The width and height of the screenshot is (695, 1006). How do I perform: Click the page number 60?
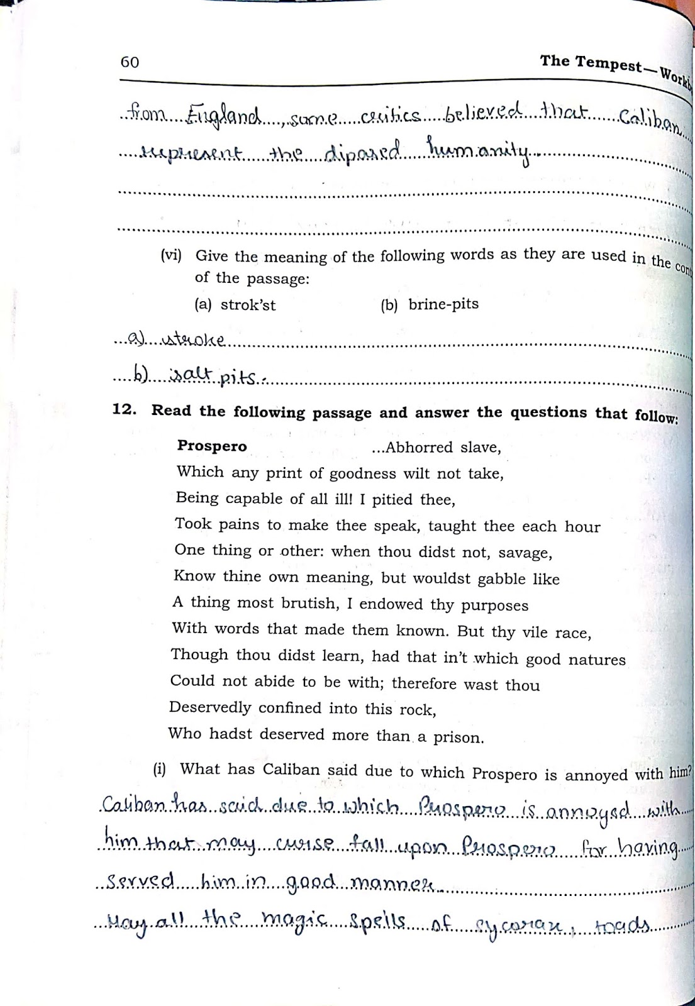coord(130,62)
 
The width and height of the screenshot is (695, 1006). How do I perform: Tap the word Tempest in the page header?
coord(608,64)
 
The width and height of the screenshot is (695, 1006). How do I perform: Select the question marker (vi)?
coord(171,255)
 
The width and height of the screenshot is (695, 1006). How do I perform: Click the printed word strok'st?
coord(248,305)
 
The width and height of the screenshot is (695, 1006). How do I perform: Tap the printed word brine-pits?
coord(443,304)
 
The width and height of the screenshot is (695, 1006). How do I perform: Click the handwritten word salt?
coord(192,375)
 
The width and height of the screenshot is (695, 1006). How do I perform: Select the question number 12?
coord(124,409)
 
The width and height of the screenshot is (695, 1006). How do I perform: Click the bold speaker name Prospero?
coord(212,446)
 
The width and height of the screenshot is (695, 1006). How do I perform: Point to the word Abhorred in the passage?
coord(420,447)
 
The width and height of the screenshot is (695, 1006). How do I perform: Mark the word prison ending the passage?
coord(458,737)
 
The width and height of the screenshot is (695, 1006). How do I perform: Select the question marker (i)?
coord(159,768)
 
